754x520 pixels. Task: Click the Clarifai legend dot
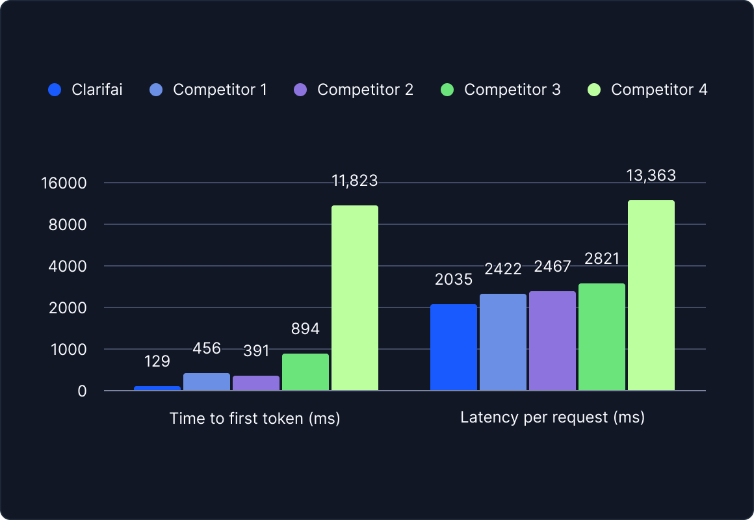55,90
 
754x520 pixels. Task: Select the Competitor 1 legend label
220,90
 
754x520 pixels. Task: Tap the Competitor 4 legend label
659,90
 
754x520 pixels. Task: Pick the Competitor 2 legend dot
300,90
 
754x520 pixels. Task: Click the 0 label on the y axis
82,391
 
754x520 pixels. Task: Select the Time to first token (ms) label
255,418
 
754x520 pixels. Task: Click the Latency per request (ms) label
552,417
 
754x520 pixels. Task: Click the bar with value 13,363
651,295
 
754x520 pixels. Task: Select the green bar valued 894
305,372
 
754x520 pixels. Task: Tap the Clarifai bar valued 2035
454,347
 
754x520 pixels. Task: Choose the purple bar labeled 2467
552,341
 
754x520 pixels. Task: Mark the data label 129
157,361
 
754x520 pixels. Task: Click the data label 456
207,348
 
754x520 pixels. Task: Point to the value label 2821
601,259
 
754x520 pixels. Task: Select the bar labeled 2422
503,342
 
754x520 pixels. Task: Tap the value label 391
256,351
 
